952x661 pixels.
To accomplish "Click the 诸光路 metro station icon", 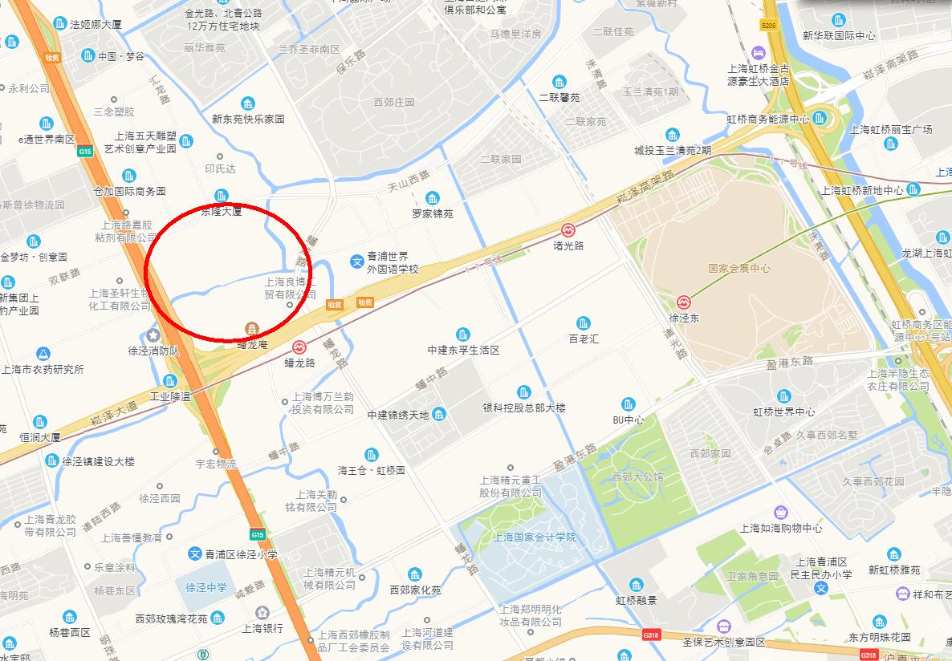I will pyautogui.click(x=568, y=229).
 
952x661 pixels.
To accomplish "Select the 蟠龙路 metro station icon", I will pyautogui.click(x=299, y=347).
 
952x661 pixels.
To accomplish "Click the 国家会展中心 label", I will pyautogui.click(x=738, y=269).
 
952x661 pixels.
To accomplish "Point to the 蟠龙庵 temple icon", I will pyautogui.click(x=252, y=329).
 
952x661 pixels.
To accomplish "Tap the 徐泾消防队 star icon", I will pyautogui.click(x=153, y=335).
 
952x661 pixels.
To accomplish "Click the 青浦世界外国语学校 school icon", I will pyautogui.click(x=356, y=262).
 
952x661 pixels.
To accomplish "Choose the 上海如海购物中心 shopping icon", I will pyautogui.click(x=780, y=512).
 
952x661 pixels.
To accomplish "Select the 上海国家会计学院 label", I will pyautogui.click(x=535, y=537).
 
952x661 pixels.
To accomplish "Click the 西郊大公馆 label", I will pyautogui.click(x=638, y=476).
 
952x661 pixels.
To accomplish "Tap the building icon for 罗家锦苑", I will pyautogui.click(x=433, y=198).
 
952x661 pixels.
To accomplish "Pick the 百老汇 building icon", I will pyautogui.click(x=584, y=322).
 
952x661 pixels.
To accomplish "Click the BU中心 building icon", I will pyautogui.click(x=628, y=404).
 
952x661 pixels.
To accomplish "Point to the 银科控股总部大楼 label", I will pyautogui.click(x=524, y=408).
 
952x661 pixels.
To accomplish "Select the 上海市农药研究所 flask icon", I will pyautogui.click(x=42, y=354).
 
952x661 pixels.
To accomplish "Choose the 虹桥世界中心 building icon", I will pyautogui.click(x=783, y=396).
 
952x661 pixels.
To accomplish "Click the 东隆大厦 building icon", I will pyautogui.click(x=222, y=196).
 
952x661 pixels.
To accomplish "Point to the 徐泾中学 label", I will pyautogui.click(x=205, y=587).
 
